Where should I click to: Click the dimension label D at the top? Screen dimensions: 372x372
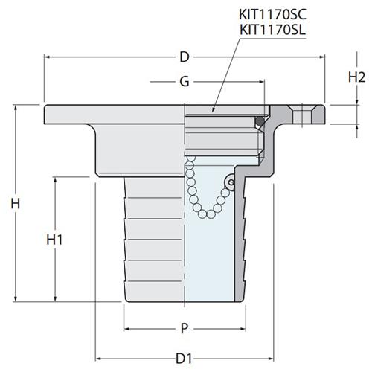(185, 57)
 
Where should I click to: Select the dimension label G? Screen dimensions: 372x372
(185, 81)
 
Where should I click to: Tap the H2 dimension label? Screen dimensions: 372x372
(356, 77)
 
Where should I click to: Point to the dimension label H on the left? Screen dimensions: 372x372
(16, 204)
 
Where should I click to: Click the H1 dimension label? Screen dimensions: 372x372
(54, 240)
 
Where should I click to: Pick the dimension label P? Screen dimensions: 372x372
(184, 329)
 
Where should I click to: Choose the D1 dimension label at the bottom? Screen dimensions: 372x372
(184, 359)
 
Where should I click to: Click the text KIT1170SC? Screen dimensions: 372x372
(272, 14)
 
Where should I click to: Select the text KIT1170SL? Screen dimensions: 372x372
(272, 31)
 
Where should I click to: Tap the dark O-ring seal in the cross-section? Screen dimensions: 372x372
(260, 121)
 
